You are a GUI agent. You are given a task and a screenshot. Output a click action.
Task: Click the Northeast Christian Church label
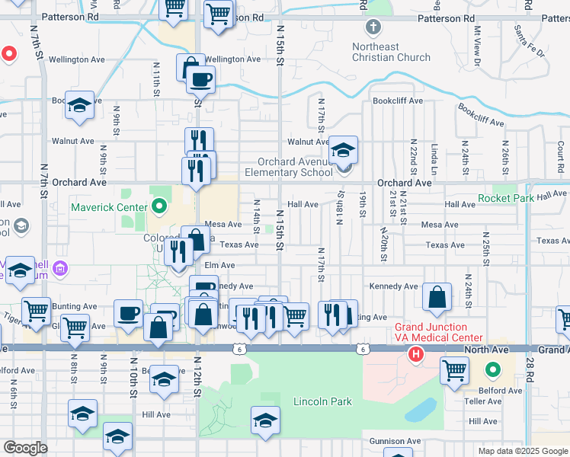coord(391,52)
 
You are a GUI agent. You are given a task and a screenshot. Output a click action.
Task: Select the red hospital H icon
coord(416,354)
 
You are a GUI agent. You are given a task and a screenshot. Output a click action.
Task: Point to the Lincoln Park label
coord(322,401)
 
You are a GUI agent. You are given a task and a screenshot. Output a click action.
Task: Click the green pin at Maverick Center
coord(159,206)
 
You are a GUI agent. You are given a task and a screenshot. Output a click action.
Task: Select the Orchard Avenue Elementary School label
coord(294,167)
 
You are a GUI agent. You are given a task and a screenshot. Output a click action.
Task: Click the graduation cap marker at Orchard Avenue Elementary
coord(343,151)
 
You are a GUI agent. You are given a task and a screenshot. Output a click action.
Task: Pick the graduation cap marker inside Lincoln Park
coord(265,420)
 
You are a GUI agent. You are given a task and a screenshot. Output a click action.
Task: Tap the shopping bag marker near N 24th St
coord(437,298)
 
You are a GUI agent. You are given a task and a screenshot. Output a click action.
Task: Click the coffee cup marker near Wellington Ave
coord(201,79)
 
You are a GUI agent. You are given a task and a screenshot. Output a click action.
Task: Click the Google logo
coord(25,448)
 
